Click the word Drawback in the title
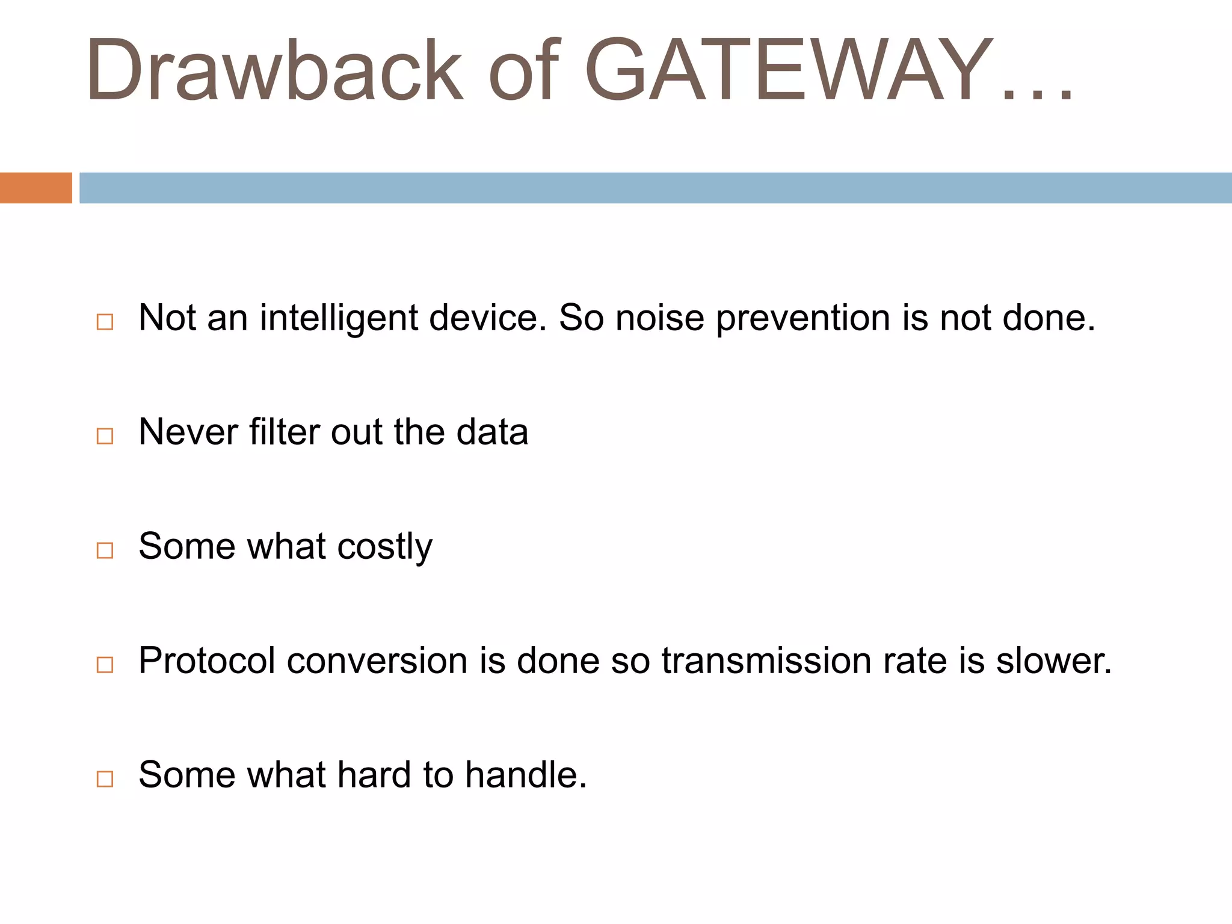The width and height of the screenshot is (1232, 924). tap(274, 71)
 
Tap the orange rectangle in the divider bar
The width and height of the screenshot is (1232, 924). tap(35, 188)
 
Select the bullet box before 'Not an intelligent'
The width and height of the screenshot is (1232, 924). tap(105, 322)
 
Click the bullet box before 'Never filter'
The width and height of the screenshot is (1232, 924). tap(105, 436)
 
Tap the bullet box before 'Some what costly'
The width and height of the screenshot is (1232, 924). tap(105, 550)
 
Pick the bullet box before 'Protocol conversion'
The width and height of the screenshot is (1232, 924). tap(105, 664)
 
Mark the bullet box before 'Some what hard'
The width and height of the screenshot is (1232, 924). tap(105, 778)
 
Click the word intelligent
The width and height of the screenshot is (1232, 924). tap(339, 318)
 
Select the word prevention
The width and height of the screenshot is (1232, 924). tap(802, 318)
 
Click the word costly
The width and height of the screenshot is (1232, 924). tap(384, 547)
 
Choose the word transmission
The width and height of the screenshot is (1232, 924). tap(766, 661)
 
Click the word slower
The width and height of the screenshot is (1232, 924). tap(1053, 661)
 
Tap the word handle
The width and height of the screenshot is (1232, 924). tap(525, 775)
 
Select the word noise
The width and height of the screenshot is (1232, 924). tap(659, 318)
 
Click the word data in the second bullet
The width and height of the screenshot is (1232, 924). tap(492, 432)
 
